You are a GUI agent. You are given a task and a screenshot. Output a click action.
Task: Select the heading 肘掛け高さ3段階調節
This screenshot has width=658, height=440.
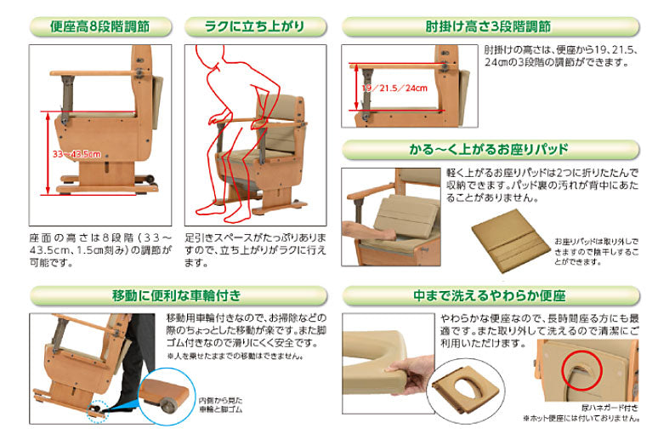pyautogui.click(x=487, y=26)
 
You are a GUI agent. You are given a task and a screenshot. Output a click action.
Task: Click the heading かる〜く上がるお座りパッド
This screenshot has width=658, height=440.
pyautogui.click(x=487, y=151)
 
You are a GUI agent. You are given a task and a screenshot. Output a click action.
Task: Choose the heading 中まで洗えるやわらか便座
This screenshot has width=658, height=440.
pyautogui.click(x=487, y=297)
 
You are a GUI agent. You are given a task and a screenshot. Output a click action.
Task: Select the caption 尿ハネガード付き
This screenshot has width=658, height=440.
pyautogui.click(x=610, y=406)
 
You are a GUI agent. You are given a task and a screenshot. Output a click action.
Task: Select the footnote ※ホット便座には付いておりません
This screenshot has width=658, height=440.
pyautogui.click(x=584, y=419)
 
